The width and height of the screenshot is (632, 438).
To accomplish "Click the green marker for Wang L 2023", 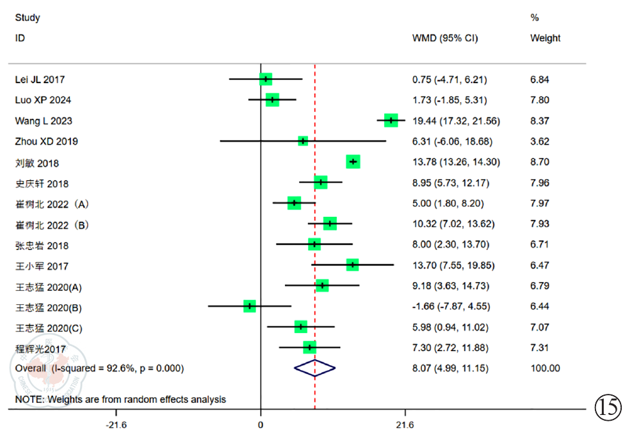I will [391, 120].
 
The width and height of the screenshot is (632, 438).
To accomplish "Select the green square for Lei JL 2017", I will [266, 79].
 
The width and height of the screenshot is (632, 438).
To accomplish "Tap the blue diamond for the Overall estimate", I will [314, 368].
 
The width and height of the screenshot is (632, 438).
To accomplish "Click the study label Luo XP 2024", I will [43, 100].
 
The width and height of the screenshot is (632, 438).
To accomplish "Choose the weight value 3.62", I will [539, 141].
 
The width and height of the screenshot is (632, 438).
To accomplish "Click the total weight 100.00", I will [545, 368].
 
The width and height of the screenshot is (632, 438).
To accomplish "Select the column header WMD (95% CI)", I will [444, 38].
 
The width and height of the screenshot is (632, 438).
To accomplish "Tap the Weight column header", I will [545, 38].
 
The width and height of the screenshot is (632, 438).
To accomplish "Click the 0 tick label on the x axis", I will [260, 425].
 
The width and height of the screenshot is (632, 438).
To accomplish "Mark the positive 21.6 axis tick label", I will [405, 425].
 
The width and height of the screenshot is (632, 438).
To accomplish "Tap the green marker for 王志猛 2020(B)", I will [250, 306].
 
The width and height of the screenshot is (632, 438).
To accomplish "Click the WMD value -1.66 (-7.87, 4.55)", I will [451, 306].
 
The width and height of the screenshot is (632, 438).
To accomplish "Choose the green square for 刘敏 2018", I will [353, 162].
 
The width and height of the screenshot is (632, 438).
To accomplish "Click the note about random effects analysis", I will [120, 400].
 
